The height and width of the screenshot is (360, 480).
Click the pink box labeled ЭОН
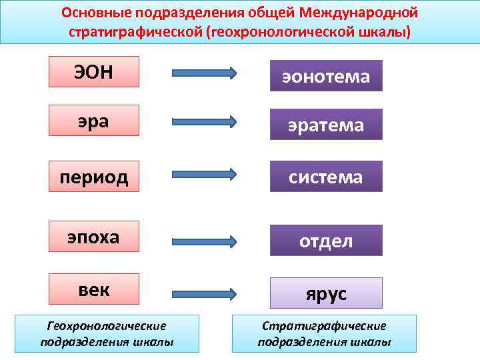coord(93,72)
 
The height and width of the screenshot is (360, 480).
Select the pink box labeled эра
coord(93,121)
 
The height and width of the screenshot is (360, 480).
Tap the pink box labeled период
coord(93,177)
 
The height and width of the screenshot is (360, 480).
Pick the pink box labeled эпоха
coord(93,237)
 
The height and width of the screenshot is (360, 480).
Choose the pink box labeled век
coord(93,291)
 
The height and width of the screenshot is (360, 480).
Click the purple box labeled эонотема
coord(326,76)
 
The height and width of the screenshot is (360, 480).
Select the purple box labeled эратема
coord(326,125)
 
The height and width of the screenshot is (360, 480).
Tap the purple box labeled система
coord(326,177)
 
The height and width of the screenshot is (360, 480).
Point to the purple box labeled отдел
coord(326,241)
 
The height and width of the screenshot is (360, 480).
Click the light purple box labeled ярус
coord(326,293)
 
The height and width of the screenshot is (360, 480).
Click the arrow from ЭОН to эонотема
coord(204,73)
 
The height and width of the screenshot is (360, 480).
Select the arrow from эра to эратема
coord(204,121)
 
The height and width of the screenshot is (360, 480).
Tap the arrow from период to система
coord(204,174)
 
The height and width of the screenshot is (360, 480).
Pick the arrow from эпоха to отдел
coord(204,240)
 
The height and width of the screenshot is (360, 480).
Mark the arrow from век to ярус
coord(204,293)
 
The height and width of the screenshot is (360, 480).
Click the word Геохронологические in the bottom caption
coord(107,326)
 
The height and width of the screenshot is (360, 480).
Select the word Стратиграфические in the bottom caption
coord(324,326)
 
